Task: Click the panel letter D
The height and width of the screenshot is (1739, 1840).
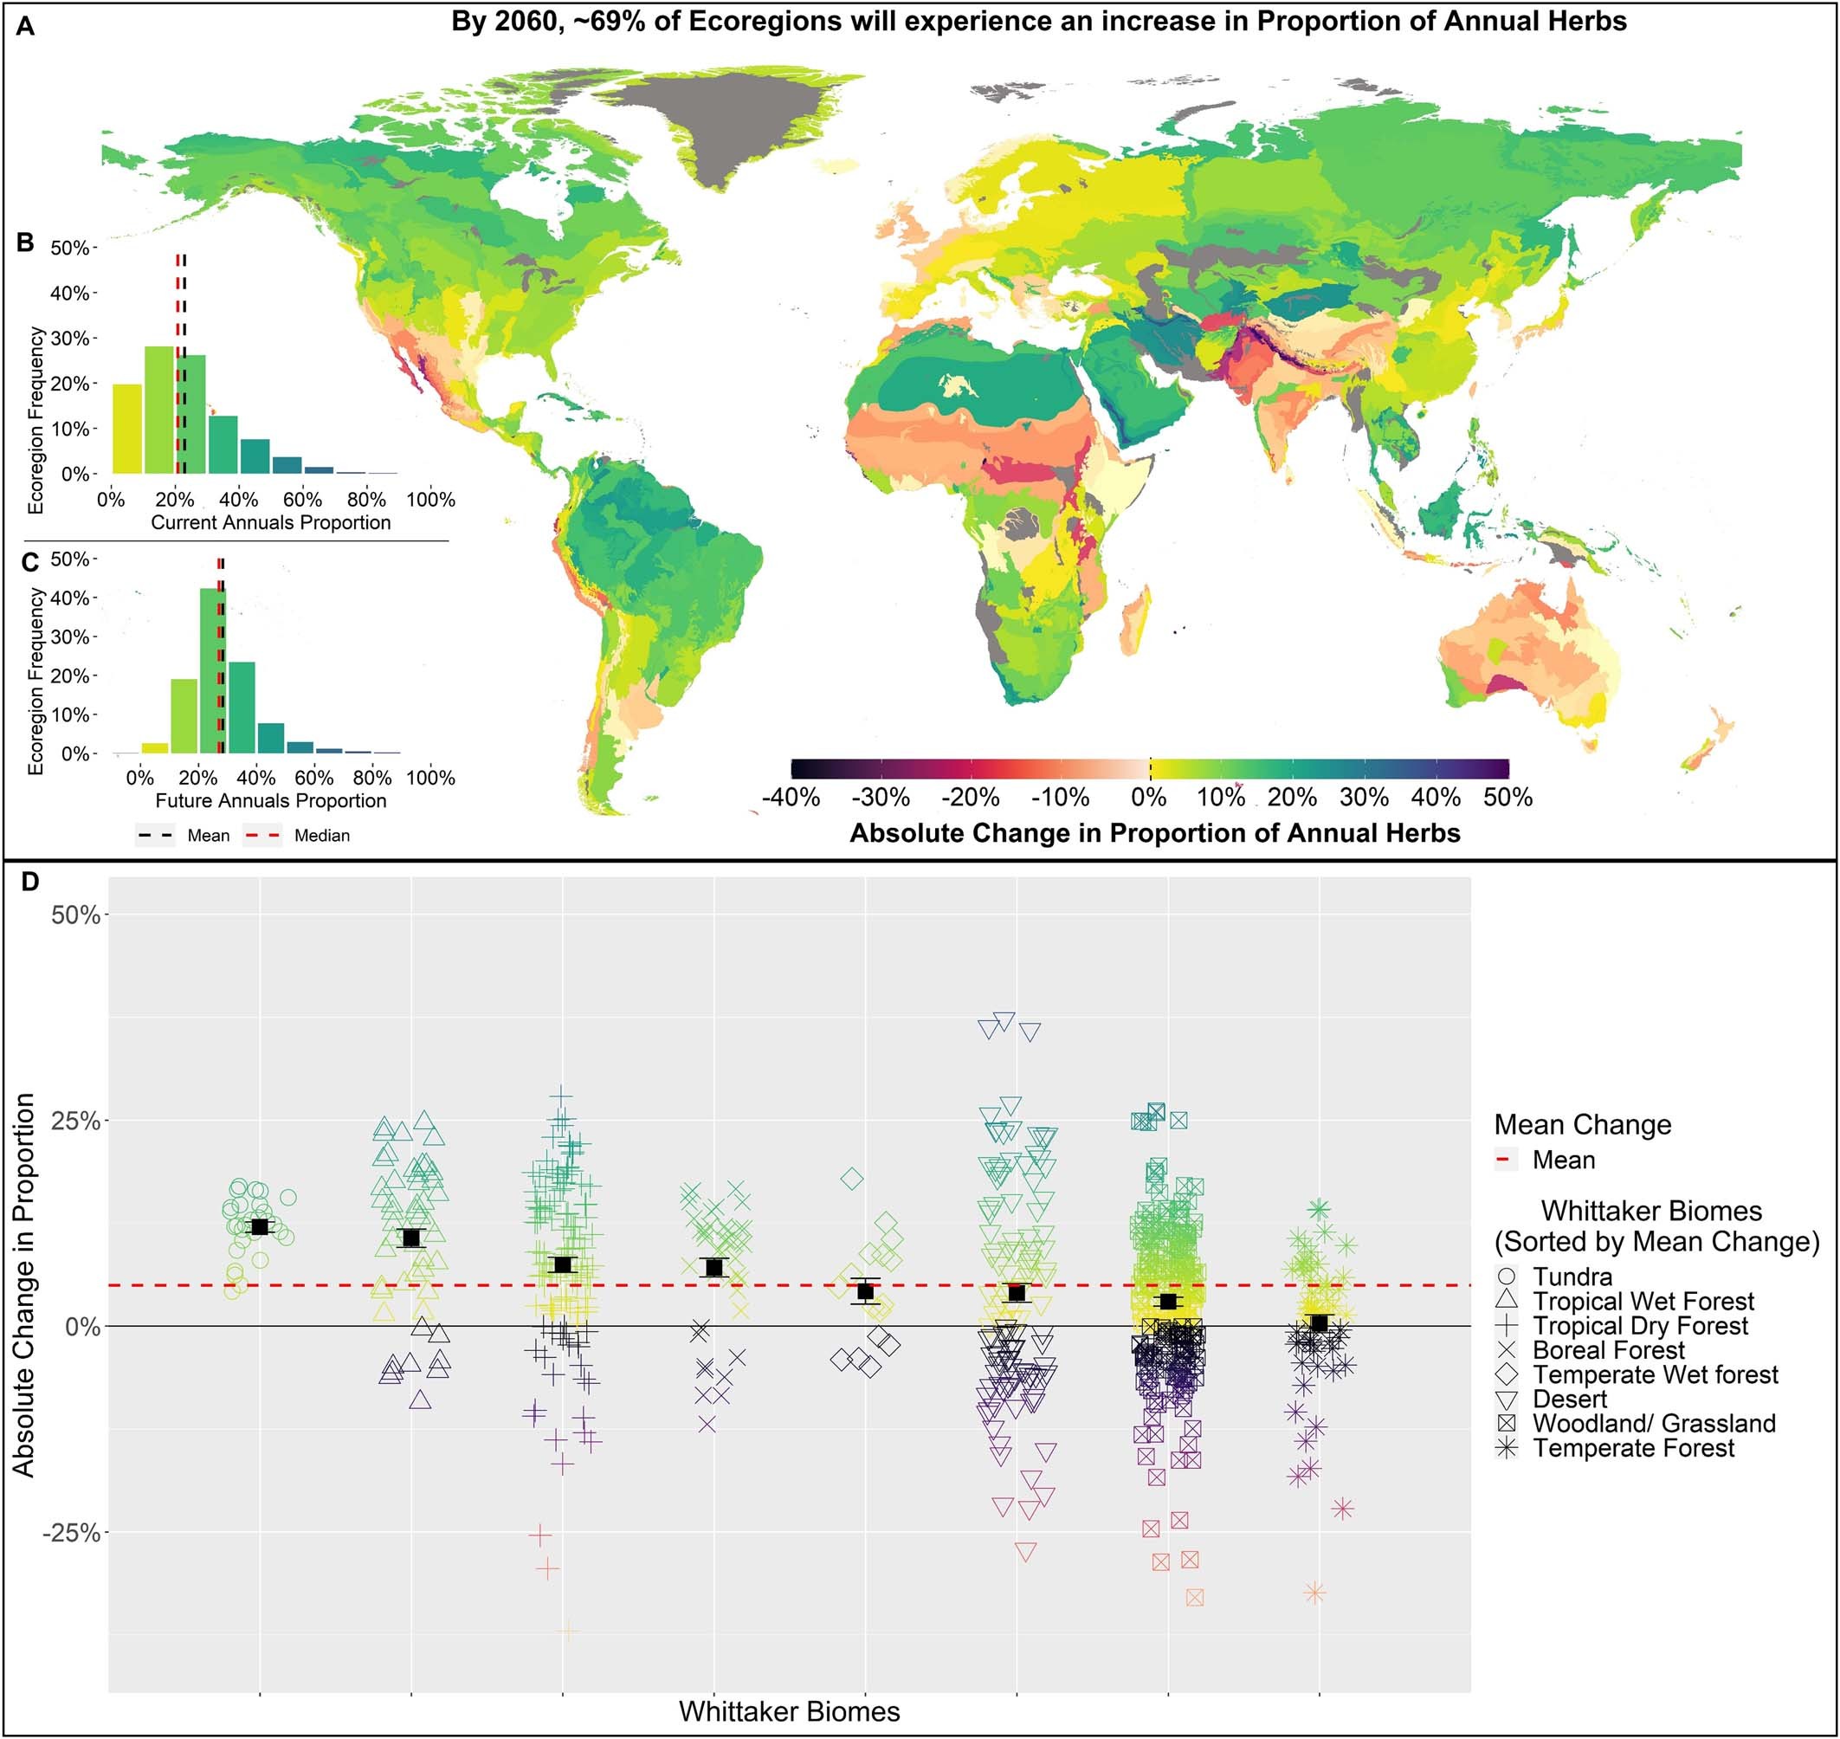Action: point(29,882)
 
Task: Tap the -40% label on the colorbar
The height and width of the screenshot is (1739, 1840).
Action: point(790,798)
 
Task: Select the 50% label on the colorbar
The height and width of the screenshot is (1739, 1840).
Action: point(1508,798)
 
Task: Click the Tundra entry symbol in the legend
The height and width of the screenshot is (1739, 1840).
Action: point(1508,1277)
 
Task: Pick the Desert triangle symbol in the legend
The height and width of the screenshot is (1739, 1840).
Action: point(1508,1400)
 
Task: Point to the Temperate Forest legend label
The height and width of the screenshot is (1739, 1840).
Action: point(1633,1449)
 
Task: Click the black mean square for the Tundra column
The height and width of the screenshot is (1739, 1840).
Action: point(261,1227)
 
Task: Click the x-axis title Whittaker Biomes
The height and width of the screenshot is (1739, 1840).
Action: point(789,1711)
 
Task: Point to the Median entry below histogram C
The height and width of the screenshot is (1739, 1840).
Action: point(320,836)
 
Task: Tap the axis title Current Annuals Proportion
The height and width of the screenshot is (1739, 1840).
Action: point(271,523)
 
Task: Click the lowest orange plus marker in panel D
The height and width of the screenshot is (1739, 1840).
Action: point(569,1632)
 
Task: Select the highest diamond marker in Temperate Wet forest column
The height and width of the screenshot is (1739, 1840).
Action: point(852,1180)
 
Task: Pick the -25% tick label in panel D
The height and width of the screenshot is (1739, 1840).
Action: point(70,1533)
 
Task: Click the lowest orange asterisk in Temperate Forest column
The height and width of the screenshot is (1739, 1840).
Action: point(1314,1594)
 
